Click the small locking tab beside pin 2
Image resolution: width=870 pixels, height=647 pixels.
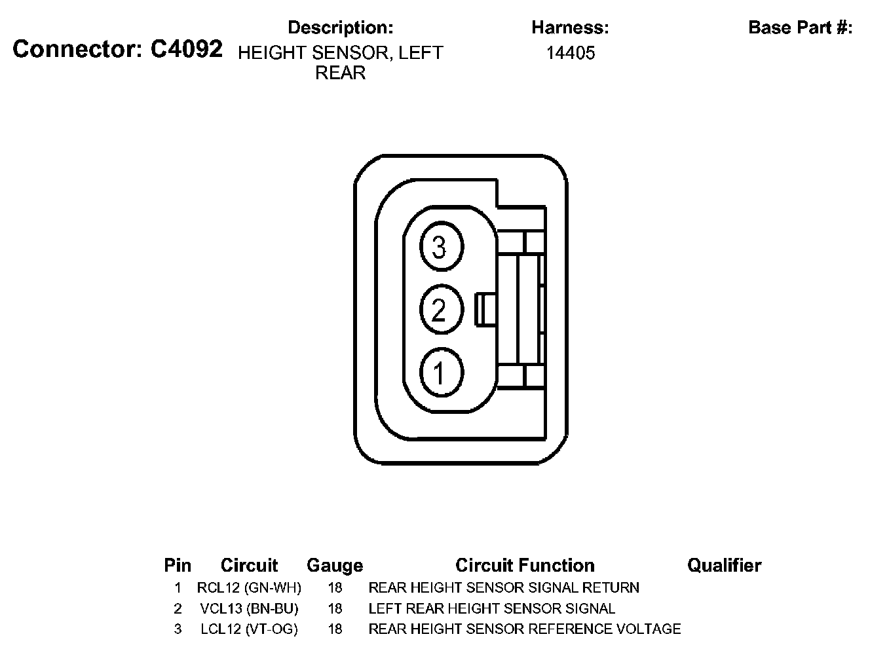[485, 310]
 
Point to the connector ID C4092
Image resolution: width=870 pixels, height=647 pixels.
[187, 49]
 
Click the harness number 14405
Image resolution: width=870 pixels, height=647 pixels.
[571, 53]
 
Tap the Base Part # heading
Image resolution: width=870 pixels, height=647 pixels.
[800, 28]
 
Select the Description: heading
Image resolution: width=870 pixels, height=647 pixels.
[341, 28]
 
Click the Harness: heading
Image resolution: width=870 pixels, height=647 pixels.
[571, 28]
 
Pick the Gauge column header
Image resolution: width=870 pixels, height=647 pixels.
[335, 565]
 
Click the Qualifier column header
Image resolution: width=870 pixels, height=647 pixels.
[724, 565]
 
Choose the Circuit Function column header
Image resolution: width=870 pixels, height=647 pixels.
[525, 565]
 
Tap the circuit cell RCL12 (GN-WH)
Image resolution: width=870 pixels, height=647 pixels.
[249, 587]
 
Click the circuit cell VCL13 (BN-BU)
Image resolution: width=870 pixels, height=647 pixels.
[249, 608]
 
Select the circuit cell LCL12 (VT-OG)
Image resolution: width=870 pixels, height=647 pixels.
[249, 629]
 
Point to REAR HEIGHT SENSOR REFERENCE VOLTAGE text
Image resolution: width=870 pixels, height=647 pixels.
[525, 629]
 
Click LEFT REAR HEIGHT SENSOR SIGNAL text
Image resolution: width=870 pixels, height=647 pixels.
[492, 608]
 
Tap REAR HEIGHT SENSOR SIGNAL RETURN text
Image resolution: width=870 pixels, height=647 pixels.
[504, 587]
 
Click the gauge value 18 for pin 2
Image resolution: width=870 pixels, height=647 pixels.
[335, 608]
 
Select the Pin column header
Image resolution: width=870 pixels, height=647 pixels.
[178, 565]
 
